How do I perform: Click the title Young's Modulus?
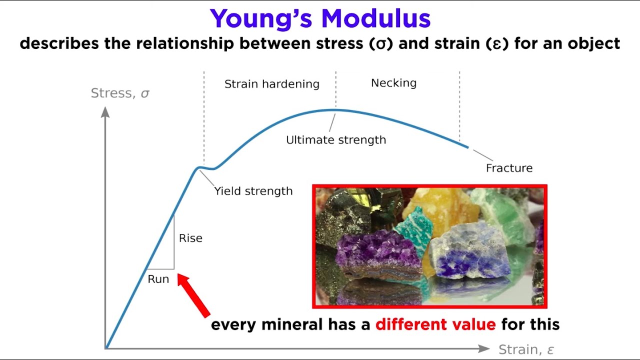(320, 19)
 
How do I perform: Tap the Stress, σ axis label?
(120, 93)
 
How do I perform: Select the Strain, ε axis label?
(526, 349)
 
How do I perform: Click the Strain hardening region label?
(271, 84)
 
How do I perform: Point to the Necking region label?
(393, 83)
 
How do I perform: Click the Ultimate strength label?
(336, 140)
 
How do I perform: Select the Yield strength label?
(253, 191)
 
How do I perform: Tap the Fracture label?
(509, 168)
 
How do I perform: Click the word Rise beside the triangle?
(190, 238)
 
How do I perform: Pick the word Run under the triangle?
(158, 279)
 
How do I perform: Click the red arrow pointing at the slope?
(193, 295)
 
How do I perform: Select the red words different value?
(435, 324)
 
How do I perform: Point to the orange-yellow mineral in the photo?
(440, 205)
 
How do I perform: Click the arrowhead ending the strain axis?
(483, 348)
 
